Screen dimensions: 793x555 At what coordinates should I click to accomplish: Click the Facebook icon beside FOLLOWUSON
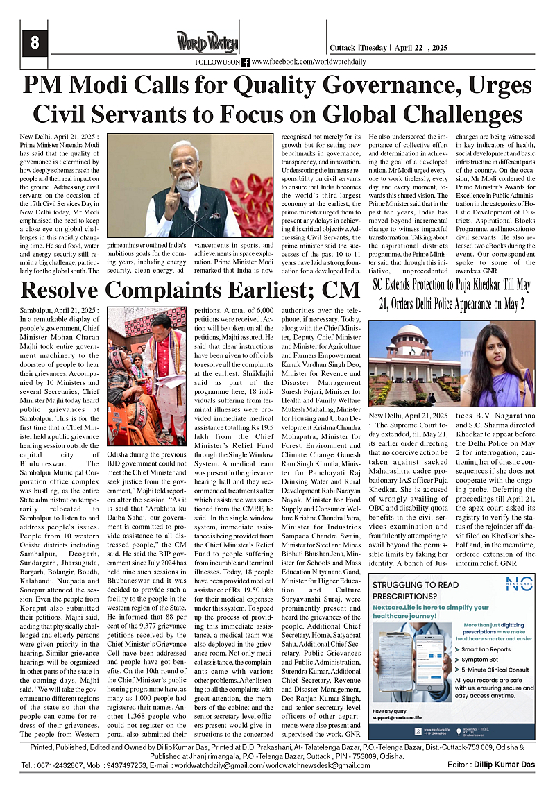(246, 62)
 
